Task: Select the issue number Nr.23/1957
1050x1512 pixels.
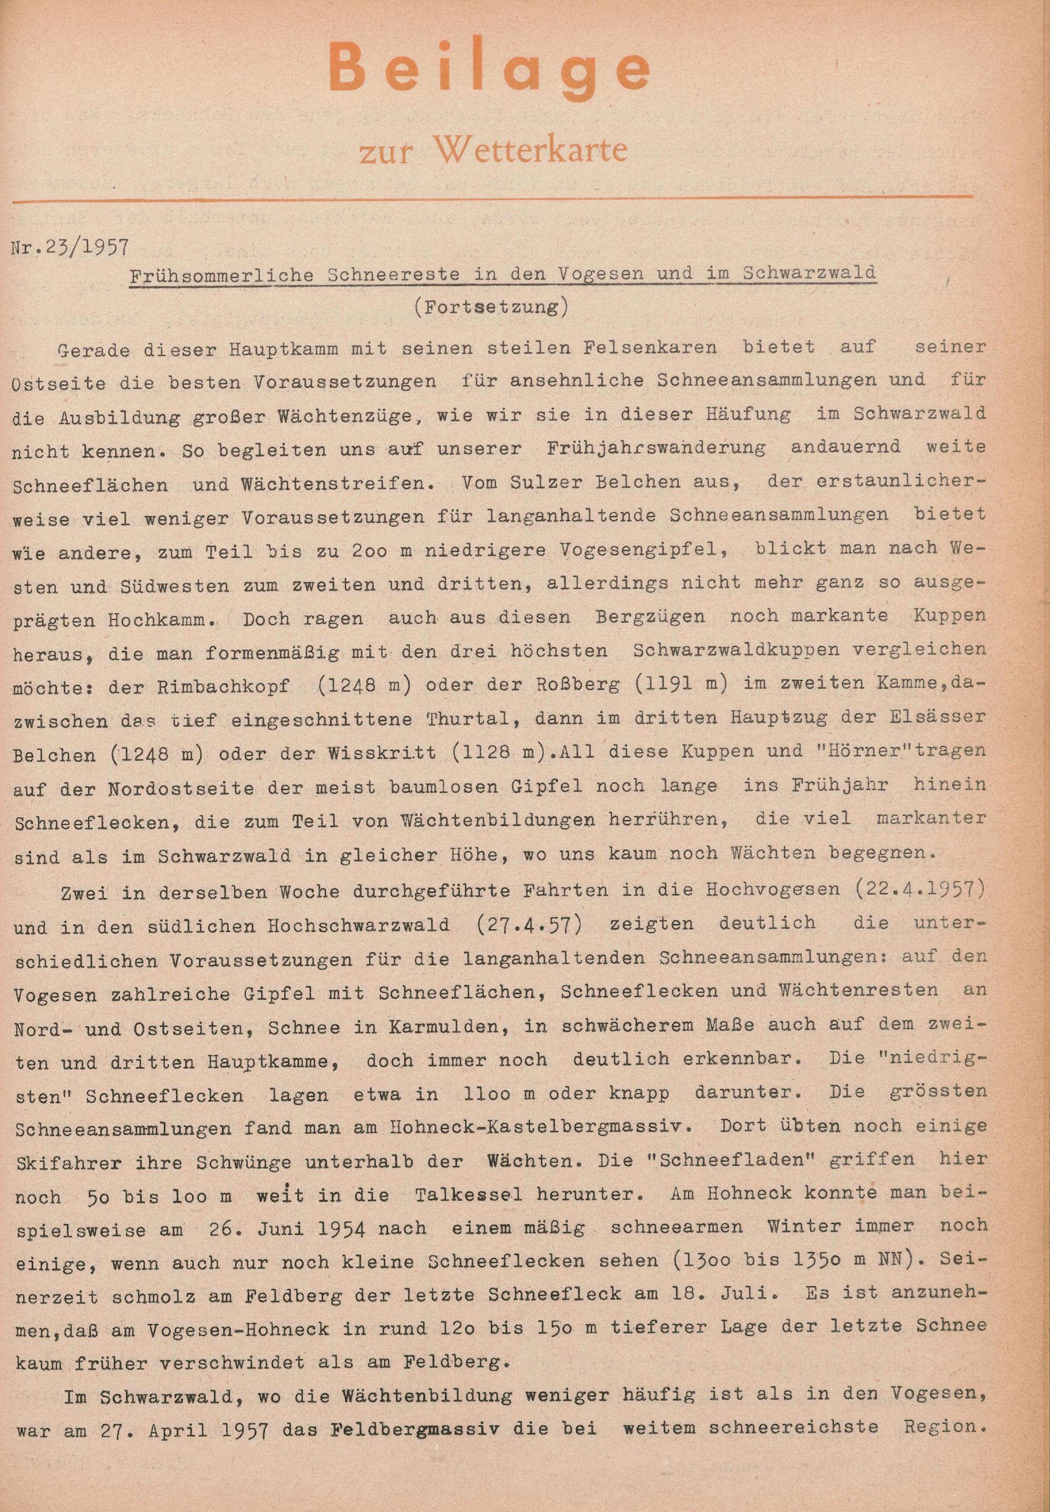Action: tap(70, 247)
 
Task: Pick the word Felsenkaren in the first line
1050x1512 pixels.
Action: tap(654, 346)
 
